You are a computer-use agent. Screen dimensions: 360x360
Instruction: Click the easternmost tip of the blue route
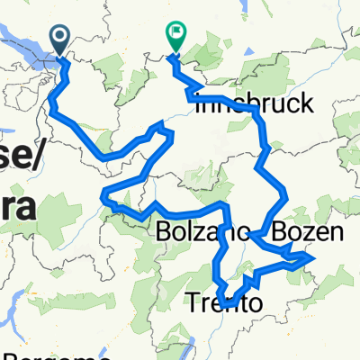(x=313, y=257)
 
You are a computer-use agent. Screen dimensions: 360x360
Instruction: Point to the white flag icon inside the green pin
(x=175, y=36)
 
